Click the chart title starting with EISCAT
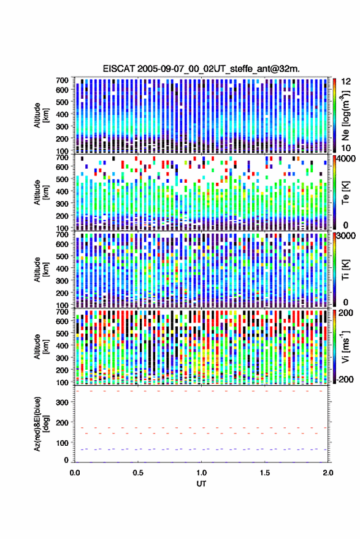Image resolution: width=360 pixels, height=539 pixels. [201, 69]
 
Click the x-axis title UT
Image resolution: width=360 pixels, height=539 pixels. [201, 484]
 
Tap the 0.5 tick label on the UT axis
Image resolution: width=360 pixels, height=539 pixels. [138, 473]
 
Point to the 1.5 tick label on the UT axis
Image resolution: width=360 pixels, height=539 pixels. [265, 473]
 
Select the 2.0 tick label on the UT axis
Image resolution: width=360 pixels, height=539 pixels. [328, 473]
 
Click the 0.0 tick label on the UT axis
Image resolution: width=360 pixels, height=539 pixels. [75, 473]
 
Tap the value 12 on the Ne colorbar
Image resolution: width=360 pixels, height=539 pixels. [347, 82]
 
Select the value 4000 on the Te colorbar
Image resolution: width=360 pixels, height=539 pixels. [347, 159]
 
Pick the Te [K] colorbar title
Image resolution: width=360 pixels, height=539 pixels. [345, 192]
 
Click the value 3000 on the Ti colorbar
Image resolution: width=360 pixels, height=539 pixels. [347, 236]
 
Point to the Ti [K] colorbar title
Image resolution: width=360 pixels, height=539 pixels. [345, 269]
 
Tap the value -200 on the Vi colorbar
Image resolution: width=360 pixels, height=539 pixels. [345, 379]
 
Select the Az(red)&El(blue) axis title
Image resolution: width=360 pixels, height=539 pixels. [41, 424]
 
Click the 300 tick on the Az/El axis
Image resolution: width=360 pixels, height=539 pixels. [62, 402]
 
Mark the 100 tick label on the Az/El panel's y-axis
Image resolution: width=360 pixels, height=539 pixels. [62, 443]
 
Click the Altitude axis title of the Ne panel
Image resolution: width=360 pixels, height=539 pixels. [41, 115]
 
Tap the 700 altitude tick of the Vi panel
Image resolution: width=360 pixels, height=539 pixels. [62, 312]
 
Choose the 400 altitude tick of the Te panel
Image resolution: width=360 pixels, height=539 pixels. [62, 191]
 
